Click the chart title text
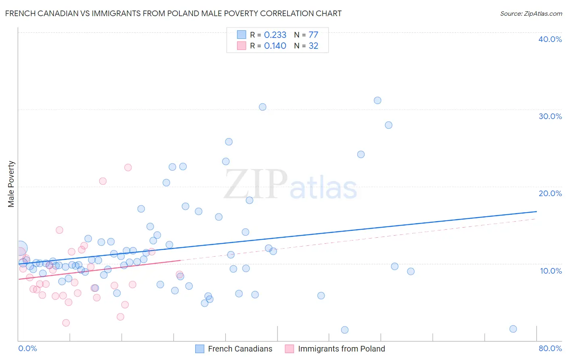coord(173,13)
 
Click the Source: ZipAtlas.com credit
coord(531,13)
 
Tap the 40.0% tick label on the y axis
coord(550,39)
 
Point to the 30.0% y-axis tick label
coord(550,116)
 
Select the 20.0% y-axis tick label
coord(550,193)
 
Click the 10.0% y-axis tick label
coord(550,271)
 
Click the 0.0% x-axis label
coord(27,348)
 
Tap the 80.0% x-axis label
coord(550,348)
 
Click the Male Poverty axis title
coord(11,184)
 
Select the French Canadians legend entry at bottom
coord(240,349)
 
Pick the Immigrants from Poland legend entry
coord(341,349)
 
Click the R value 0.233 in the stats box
coord(275,35)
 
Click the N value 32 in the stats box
coord(313,46)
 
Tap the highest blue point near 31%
coord(377,100)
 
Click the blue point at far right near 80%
coord(513,329)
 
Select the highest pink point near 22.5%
coord(128,167)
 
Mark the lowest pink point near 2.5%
coord(66,323)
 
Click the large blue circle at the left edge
coord(21,248)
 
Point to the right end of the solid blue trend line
coord(536,211)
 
